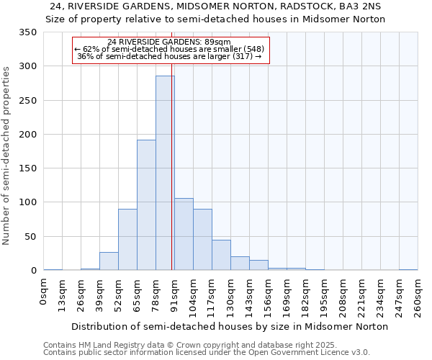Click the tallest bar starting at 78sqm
pos(165,173)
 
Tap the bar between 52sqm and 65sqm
pos(127,240)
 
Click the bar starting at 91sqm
pos(184,234)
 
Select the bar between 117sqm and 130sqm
pos(221,256)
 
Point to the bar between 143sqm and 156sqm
pos(258,265)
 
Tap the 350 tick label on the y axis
pos(28,32)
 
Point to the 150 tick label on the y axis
pos(28,168)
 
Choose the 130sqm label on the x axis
pos(230,297)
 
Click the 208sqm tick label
pos(343,297)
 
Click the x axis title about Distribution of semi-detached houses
pos(230,326)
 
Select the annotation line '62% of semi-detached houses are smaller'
pos(171,49)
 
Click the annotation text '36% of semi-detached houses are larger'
pos(169,56)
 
